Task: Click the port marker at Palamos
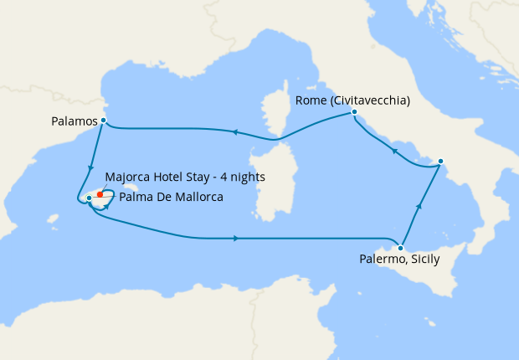pyautogui.click(x=103, y=121)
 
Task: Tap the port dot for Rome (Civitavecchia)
pyautogui.click(x=354, y=111)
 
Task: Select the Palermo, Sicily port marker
pyautogui.click(x=402, y=248)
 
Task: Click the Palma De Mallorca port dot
pyautogui.click(x=90, y=198)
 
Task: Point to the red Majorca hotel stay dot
pyautogui.click(x=100, y=193)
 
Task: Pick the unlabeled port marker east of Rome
pyautogui.click(x=441, y=161)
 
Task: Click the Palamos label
pyautogui.click(x=74, y=122)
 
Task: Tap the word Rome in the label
pyautogui.click(x=310, y=101)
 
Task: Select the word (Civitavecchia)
pyautogui.click(x=369, y=101)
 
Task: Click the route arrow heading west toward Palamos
pyautogui.click(x=234, y=132)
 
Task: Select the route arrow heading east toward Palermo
pyautogui.click(x=237, y=239)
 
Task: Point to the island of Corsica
pyautogui.click(x=273, y=117)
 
